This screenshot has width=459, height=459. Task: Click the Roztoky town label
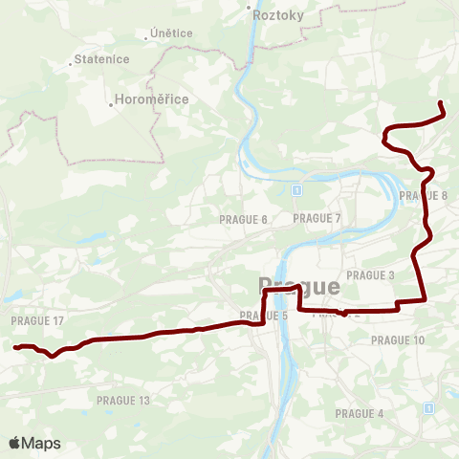[x=278, y=14]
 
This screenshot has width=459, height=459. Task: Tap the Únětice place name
[x=172, y=33]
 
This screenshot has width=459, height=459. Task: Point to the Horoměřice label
[x=151, y=99]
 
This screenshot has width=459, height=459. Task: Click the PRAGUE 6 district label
[x=243, y=219]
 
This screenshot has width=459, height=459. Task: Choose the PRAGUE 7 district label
[x=317, y=218]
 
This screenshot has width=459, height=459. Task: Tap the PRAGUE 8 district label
[x=424, y=195]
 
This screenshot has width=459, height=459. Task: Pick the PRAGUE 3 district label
[x=371, y=274]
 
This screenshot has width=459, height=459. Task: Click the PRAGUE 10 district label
[x=397, y=339]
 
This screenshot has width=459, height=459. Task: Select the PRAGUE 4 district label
[x=360, y=413]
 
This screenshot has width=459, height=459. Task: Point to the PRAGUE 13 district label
[x=124, y=400]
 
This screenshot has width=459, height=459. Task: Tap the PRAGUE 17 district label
[x=37, y=320]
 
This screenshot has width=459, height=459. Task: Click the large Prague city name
[x=298, y=286]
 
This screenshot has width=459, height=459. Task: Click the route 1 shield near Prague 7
[x=297, y=191]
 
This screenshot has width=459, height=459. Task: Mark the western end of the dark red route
[x=16, y=346]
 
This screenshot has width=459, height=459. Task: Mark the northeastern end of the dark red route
[x=440, y=103]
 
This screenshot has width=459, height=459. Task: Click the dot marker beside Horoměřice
[x=111, y=98]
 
